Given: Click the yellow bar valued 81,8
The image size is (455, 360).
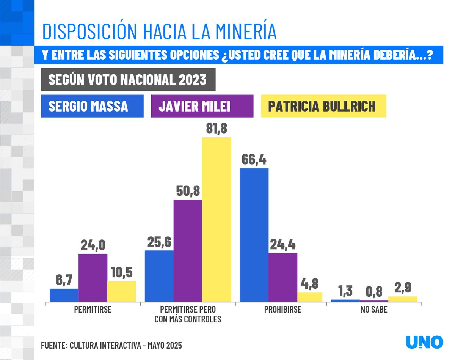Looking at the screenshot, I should coord(217,219).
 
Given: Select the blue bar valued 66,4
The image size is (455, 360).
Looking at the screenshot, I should coord(254,235).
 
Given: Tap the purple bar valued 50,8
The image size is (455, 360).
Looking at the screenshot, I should coord(188,250).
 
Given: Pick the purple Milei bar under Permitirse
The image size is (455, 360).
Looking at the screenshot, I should coord(93,278).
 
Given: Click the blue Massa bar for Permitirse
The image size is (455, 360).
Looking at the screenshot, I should coord(64,295).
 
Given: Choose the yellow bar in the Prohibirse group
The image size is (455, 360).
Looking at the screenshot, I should coord(310,297).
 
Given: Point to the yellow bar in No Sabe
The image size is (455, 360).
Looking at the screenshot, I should coord(403,299).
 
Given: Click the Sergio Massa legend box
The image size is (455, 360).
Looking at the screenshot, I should coord(92,106).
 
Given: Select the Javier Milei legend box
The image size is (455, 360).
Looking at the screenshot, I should coord(202,106).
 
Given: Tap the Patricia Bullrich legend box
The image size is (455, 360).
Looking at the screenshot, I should coord(323,106).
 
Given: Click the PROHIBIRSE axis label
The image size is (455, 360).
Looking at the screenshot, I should coord(282,310).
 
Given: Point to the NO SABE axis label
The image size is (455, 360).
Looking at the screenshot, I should coord(374,310).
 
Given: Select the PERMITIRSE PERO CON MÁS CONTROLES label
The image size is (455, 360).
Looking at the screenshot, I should coord(188,314).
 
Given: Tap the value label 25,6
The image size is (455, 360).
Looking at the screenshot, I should coord(159,242).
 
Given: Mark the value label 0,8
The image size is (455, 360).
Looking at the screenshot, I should coord(374,292).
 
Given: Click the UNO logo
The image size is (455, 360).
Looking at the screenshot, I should coord(424,342).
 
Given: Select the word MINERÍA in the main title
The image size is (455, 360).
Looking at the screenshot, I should coord(235,31).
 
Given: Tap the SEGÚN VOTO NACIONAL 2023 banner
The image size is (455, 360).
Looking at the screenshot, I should coord(128,80).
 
